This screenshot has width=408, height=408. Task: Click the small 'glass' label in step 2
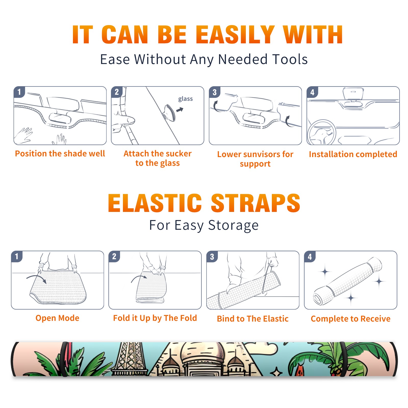(185, 99)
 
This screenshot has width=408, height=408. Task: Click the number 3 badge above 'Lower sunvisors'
(214, 92)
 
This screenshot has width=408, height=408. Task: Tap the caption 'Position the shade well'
(60, 154)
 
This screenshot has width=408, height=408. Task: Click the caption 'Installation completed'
(353, 154)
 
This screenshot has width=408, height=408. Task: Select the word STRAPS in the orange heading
(256, 203)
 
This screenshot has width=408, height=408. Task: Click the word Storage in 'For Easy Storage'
(233, 225)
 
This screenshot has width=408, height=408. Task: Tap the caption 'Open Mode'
(57, 318)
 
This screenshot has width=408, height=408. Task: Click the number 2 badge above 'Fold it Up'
(114, 256)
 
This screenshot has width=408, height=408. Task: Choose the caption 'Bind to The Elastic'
(253, 319)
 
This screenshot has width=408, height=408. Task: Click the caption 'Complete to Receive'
(351, 319)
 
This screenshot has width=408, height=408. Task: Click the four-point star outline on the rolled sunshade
(276, 372)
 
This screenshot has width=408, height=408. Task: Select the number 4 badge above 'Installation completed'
(312, 92)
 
